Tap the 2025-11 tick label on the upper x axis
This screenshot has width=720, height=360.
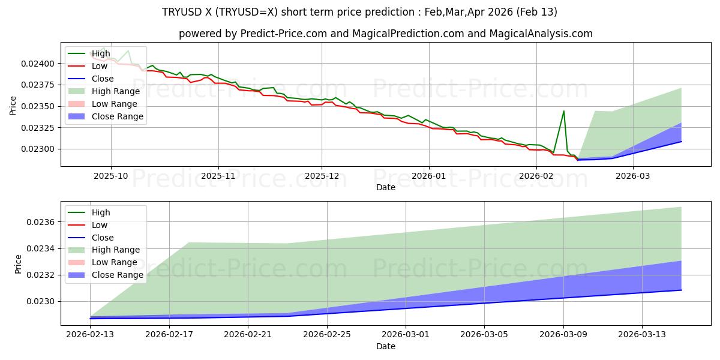tap(218, 176)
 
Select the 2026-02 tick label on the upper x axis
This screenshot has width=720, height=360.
tap(536, 176)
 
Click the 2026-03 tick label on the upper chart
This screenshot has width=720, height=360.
tap(634, 176)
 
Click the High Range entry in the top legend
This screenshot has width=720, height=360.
tap(116, 91)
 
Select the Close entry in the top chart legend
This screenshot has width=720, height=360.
tap(103, 79)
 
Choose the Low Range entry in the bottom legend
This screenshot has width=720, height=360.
tap(115, 262)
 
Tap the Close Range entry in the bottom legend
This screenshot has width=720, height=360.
tap(117, 275)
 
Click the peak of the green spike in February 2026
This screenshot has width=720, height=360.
tap(563, 111)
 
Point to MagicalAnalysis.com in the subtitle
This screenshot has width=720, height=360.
tap(541, 34)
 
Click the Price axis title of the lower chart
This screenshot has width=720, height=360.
tap(18, 264)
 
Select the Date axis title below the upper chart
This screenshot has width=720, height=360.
tap(385, 187)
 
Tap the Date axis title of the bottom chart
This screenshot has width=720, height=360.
tap(385, 346)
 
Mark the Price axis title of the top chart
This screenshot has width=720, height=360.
tap(13, 105)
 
